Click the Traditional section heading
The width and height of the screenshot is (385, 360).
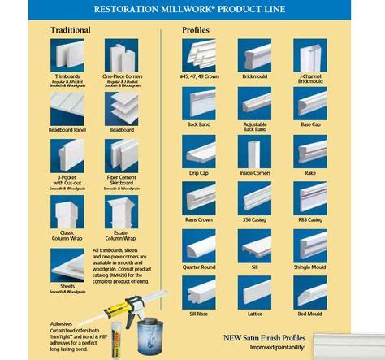[x=71, y=30]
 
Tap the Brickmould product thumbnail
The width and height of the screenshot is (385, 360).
[x=254, y=55]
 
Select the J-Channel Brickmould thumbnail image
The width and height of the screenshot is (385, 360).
[x=310, y=55]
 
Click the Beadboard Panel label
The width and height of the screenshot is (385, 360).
[x=67, y=130]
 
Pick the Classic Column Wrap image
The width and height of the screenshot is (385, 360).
[x=67, y=212]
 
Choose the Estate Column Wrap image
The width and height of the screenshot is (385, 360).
[x=121, y=212]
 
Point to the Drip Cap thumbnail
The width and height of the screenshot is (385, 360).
[x=199, y=151]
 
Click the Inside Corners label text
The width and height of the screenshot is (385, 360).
[x=254, y=173]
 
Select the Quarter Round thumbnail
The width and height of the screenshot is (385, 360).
[x=199, y=245]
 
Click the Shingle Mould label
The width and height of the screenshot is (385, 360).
[x=310, y=267]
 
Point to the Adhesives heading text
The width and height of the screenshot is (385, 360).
[x=62, y=322]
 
